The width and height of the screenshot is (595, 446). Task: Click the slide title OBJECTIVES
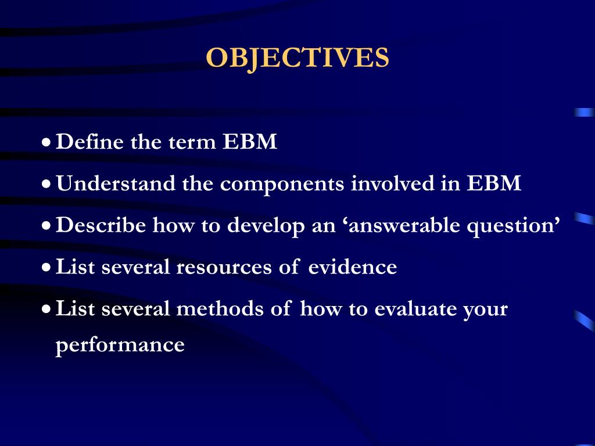click(x=297, y=58)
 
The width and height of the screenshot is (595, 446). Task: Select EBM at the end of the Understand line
click(x=494, y=184)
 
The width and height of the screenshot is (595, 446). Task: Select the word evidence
click(x=352, y=267)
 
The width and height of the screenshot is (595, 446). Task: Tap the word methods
click(x=221, y=309)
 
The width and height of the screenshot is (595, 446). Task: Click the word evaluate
click(x=415, y=309)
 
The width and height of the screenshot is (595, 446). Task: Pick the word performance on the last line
click(x=120, y=346)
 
